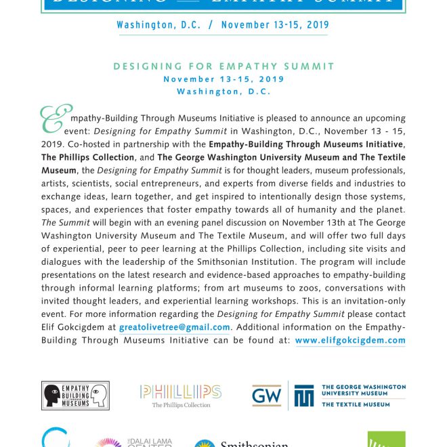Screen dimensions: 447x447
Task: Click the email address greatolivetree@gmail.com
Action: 175,327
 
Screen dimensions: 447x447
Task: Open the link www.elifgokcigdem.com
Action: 350,341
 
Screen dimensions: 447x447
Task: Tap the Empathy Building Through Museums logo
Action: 75,395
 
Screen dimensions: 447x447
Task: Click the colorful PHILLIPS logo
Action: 181,391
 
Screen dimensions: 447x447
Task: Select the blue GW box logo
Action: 266,396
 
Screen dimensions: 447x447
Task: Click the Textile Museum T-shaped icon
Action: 304,396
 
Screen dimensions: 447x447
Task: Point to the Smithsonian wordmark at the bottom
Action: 254,444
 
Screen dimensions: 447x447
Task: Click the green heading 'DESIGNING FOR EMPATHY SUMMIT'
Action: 223,66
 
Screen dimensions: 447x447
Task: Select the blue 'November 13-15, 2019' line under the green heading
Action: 223,79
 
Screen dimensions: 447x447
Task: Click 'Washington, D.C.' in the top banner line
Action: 158,25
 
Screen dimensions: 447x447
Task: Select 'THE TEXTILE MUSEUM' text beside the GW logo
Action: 356,404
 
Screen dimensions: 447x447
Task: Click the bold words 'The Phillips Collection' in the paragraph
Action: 87,157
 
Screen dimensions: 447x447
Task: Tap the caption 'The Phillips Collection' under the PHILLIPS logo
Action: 181,405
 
